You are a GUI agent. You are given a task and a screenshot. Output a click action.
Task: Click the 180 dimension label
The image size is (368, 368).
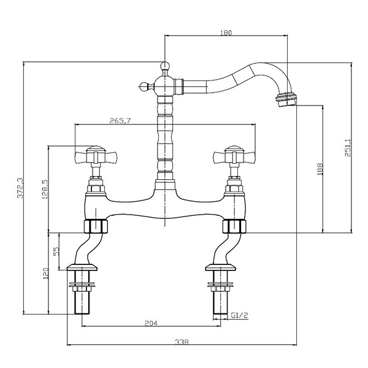(226, 33)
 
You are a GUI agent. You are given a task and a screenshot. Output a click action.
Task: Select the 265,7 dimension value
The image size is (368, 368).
(120, 121)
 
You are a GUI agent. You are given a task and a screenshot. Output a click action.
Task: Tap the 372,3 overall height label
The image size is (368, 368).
(20, 188)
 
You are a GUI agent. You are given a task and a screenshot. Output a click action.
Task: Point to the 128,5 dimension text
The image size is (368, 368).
(45, 190)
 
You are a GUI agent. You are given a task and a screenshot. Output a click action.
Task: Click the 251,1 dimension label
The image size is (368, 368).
(348, 148)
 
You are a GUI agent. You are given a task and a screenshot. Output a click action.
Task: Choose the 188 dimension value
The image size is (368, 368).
(320, 169)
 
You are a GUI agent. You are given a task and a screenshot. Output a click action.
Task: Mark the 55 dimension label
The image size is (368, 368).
(56, 251)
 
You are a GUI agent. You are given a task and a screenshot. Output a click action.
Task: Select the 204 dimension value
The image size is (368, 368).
(151, 323)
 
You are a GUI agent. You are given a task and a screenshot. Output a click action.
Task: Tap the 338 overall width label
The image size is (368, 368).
(182, 342)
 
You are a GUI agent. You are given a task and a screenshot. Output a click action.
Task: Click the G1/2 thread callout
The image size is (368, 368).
(239, 315)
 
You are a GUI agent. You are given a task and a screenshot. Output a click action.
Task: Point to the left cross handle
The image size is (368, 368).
(96, 155)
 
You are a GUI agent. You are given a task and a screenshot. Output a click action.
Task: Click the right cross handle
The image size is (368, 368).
(234, 155)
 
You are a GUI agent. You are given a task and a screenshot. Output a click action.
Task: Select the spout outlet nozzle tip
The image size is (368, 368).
(285, 99)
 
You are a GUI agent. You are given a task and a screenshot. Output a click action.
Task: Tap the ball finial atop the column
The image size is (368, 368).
(165, 66)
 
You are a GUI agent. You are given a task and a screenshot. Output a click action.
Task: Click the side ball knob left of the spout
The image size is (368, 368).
(145, 86)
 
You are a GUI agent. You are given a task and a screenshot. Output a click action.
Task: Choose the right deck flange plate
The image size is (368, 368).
(220, 267)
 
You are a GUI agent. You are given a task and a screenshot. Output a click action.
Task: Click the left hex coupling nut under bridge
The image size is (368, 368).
(96, 226)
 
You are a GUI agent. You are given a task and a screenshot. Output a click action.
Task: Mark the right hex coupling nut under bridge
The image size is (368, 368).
(234, 226)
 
